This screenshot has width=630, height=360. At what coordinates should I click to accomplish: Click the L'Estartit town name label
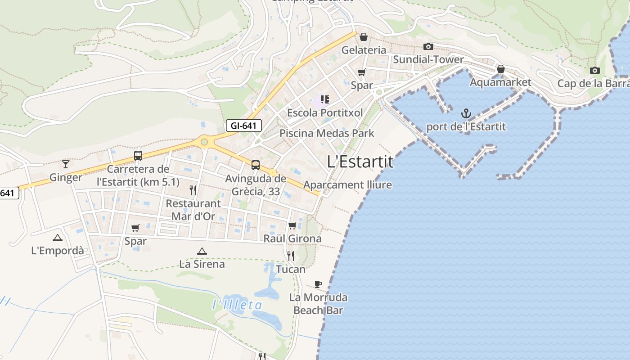(360, 162)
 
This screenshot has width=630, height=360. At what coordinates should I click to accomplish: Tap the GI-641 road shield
(243, 126)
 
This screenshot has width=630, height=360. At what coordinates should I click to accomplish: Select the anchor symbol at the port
(466, 113)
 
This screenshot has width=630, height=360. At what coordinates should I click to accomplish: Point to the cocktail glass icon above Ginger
(66, 164)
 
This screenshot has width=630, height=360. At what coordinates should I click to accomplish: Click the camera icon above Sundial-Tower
(428, 46)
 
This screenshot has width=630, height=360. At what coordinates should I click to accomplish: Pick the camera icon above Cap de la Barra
(595, 70)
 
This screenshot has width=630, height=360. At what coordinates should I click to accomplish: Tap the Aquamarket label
(500, 82)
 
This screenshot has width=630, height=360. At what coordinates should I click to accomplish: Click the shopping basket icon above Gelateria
(364, 37)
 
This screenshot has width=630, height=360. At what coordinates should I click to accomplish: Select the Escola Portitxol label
(325, 112)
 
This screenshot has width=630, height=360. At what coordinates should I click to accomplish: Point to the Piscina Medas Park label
(327, 133)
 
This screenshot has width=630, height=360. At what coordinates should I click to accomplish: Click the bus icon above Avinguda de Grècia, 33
(256, 165)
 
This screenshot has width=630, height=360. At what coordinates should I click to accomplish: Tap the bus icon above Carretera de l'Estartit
(138, 156)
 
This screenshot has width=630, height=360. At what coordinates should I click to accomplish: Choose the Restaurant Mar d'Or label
(193, 210)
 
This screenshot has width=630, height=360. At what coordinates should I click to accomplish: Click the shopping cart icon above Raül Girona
(292, 225)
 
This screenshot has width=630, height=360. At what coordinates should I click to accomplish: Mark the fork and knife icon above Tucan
(291, 256)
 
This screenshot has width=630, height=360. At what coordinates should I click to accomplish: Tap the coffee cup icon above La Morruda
(318, 284)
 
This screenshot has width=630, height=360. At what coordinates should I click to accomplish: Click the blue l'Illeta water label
(237, 305)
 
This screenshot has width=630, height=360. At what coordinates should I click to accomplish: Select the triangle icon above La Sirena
(202, 251)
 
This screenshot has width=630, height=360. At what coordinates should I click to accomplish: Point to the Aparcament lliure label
(347, 185)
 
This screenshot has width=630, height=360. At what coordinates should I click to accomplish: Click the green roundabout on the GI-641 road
(204, 142)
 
